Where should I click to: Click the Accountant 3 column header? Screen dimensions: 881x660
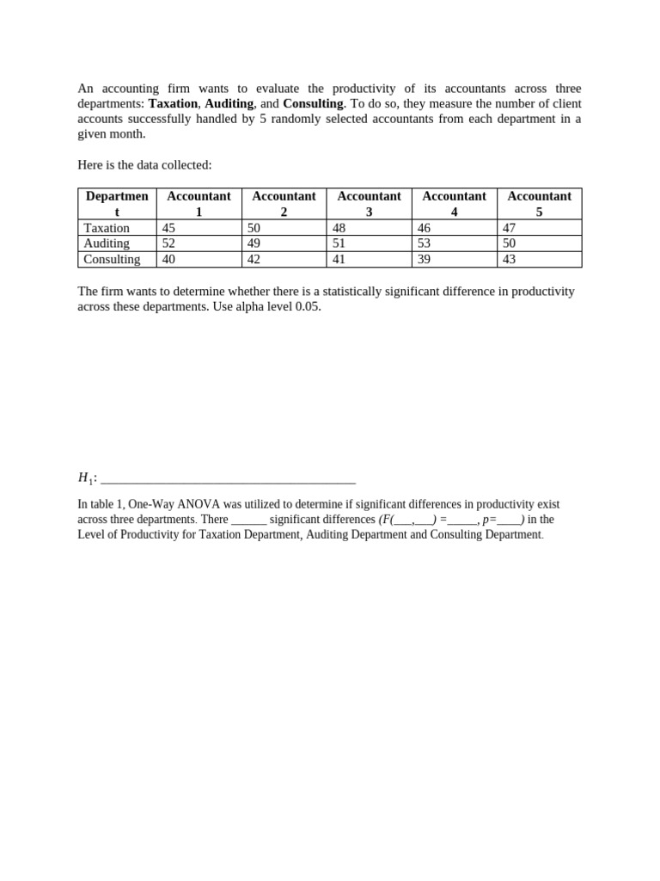click(x=369, y=204)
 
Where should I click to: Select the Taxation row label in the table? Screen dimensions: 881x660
click(x=107, y=228)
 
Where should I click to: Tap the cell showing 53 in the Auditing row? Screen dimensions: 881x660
click(x=424, y=243)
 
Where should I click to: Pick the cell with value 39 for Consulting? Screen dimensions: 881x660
click(x=424, y=259)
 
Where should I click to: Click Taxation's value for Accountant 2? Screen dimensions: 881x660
click(x=254, y=228)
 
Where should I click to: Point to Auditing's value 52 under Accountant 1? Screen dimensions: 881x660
click(x=168, y=243)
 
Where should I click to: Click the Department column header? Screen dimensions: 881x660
click(x=117, y=204)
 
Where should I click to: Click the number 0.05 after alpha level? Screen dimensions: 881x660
click(x=308, y=307)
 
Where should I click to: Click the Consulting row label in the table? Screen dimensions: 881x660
click(x=112, y=259)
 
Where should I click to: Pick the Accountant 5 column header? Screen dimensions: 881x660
click(x=539, y=204)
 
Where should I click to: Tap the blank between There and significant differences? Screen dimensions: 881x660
click(x=248, y=521)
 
